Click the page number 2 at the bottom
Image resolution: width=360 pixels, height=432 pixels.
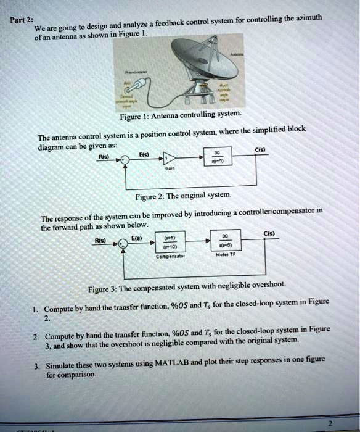point(330,423)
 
